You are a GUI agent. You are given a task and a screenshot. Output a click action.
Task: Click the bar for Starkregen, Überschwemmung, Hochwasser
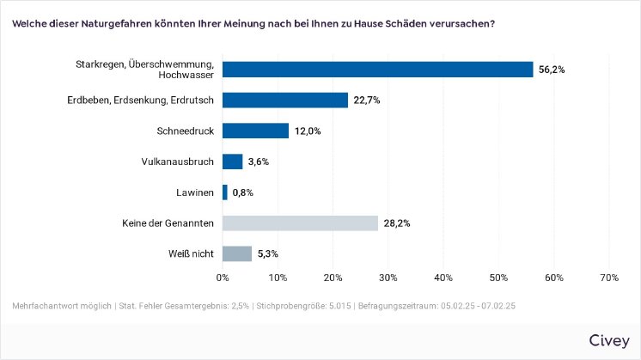coord(377,70)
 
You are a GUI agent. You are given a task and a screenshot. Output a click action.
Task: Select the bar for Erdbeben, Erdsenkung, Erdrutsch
coord(285,101)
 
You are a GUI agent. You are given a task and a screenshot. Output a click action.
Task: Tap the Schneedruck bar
coord(255,131)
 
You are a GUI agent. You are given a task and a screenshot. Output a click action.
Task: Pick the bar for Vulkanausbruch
coord(233,162)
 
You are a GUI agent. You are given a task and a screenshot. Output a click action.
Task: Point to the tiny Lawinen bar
coord(225,192)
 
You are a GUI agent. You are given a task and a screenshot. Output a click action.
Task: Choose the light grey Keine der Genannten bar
coord(300,223)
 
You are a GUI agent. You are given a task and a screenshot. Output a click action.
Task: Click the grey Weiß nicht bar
coord(237,253)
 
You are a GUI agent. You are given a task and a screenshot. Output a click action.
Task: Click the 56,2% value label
coord(552,70)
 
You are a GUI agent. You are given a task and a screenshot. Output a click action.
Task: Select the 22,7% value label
coord(366,101)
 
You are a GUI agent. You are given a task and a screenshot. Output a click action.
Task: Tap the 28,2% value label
coord(396,223)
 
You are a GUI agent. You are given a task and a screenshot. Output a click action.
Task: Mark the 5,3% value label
coord(270,253)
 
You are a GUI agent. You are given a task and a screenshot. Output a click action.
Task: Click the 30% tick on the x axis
coord(388,278)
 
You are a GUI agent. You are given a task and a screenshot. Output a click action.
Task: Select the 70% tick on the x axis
coord(608,278)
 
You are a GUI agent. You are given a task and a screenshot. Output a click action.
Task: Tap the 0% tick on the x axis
coord(223,278)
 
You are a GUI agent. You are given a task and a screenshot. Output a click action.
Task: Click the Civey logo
coord(608,340)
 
